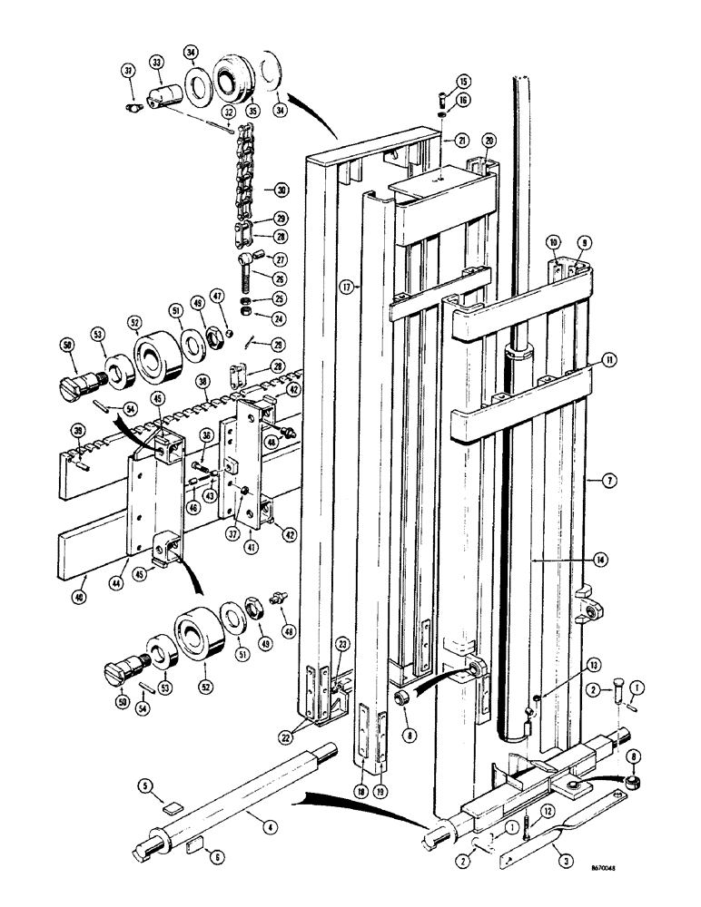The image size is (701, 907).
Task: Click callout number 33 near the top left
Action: pyautogui.click(x=157, y=62)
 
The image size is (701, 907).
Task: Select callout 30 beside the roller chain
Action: pyautogui.click(x=270, y=190)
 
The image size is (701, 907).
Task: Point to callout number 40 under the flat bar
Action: pyautogui.click(x=84, y=600)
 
